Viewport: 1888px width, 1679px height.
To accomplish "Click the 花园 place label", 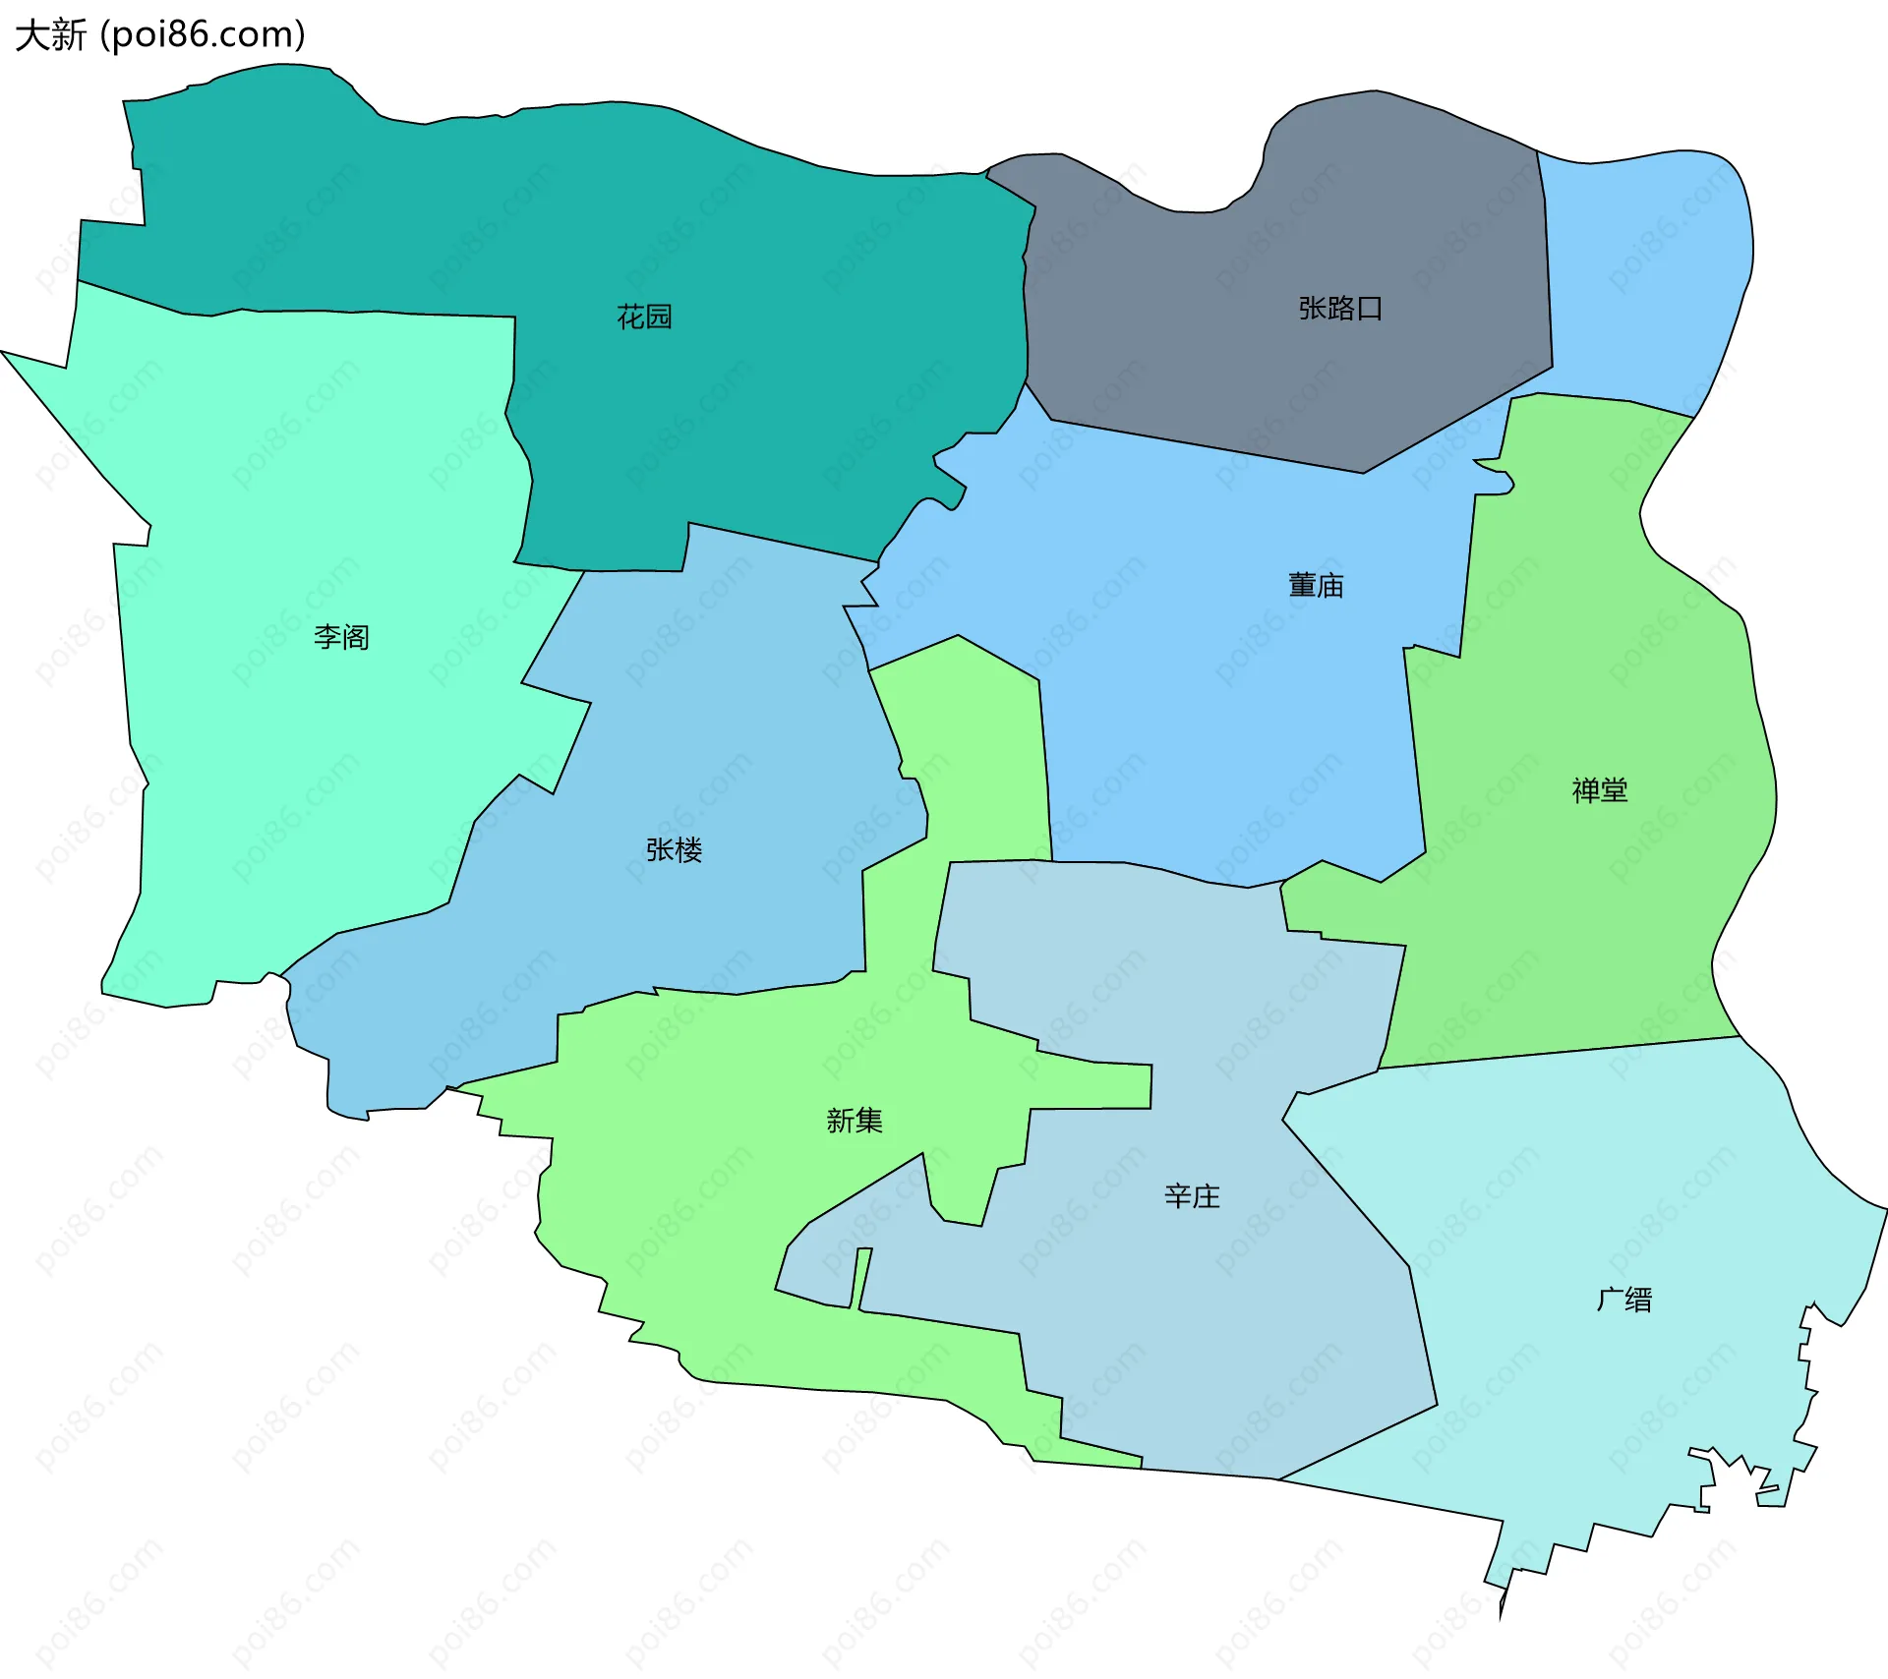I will pos(644,317).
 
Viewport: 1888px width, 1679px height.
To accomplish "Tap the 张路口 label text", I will pos(1340,309).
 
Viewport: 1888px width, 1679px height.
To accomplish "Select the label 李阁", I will pos(341,637).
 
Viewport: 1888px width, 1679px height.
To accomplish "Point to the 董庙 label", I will pos(1316,586).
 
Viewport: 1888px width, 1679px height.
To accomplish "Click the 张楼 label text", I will pos(674,850).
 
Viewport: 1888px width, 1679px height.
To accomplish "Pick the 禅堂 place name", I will pos(1599,790).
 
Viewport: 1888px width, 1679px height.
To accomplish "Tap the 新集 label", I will pos(854,1121).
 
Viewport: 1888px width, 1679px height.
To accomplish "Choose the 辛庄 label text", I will pos(1192,1196).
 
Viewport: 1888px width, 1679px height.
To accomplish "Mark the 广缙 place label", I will pos(1623,1300).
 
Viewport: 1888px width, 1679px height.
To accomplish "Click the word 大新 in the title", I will pos(51,35).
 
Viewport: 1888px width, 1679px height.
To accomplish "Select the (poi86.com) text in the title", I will pos(203,35).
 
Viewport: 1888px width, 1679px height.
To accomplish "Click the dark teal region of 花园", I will pos(787,393).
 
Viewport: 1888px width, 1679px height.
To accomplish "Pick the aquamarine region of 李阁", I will pos(295,786).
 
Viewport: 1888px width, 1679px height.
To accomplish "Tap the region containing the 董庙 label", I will pos(1229,708).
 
